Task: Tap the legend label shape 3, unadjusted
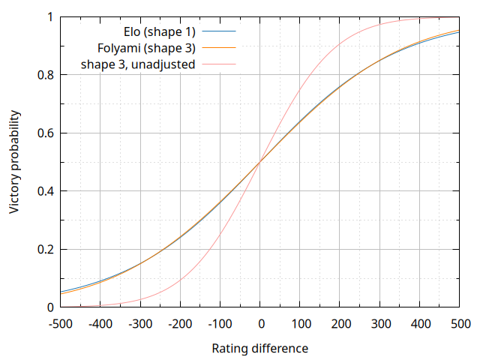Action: pyautogui.click(x=139, y=64)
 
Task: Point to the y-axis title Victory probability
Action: pyautogui.click(x=15, y=162)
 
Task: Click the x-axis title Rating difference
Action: pyautogui.click(x=259, y=348)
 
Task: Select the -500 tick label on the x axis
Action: pyautogui.click(x=59, y=324)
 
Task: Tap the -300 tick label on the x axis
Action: pyautogui.click(x=139, y=324)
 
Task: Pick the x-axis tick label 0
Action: pyautogui.click(x=259, y=324)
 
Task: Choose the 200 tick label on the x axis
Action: pyautogui.click(x=340, y=324)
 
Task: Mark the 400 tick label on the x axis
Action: pyautogui.click(x=419, y=324)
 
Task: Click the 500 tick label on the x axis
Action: pyautogui.click(x=459, y=324)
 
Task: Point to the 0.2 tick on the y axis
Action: pyautogui.click(x=43, y=250)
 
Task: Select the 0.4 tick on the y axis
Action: pyautogui.click(x=43, y=191)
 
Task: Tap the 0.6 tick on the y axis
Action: pyautogui.click(x=43, y=133)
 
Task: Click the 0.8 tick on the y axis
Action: pyautogui.click(x=43, y=75)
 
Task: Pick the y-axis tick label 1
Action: pyautogui.click(x=49, y=17)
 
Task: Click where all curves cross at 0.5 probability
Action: pyautogui.click(x=259, y=162)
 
